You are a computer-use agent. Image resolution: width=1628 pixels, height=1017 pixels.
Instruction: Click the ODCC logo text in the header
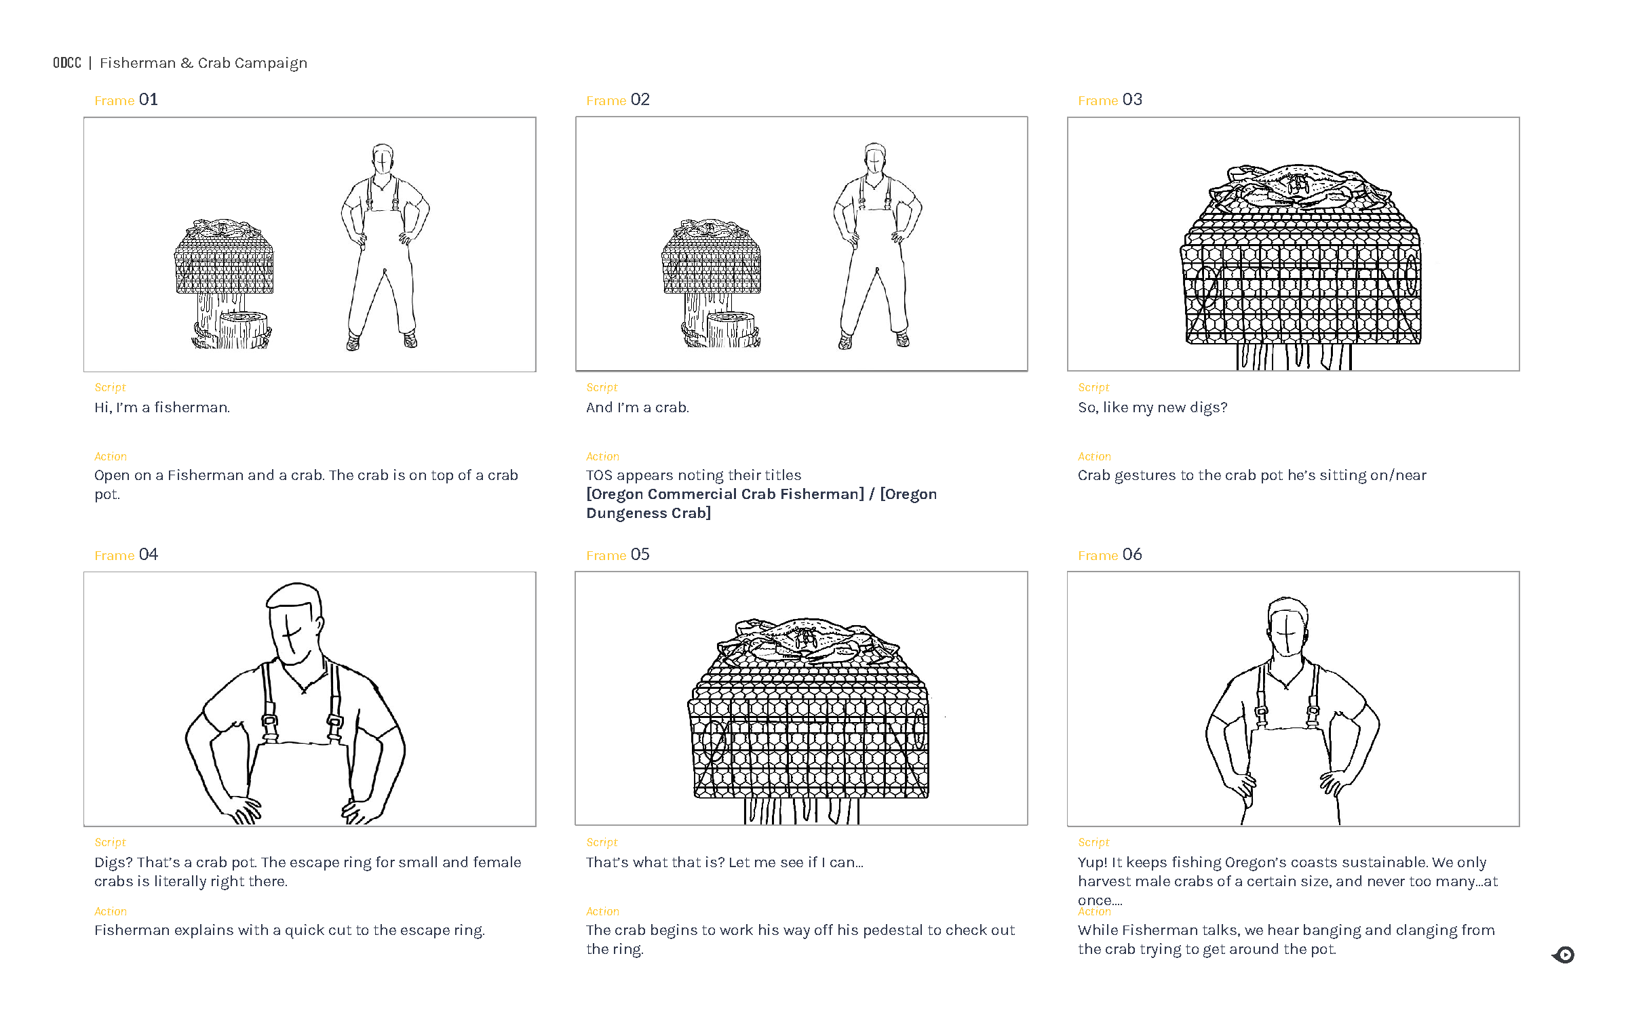67,63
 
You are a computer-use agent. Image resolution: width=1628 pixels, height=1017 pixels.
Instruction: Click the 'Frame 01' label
126,100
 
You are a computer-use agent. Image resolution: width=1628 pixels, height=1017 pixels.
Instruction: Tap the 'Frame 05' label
617,555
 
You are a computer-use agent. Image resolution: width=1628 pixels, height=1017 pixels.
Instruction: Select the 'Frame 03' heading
1110,100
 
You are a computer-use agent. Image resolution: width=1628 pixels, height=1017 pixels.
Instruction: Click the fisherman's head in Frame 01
383,159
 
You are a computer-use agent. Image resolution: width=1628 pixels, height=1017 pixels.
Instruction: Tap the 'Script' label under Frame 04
110,843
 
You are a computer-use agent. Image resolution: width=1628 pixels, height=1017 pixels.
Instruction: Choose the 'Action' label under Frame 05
602,912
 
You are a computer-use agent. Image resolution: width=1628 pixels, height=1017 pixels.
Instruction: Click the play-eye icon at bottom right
1564,955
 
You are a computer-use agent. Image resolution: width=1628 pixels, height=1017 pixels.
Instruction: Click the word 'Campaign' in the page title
271,64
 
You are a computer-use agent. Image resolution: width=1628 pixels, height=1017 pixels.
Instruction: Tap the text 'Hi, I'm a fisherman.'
162,408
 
